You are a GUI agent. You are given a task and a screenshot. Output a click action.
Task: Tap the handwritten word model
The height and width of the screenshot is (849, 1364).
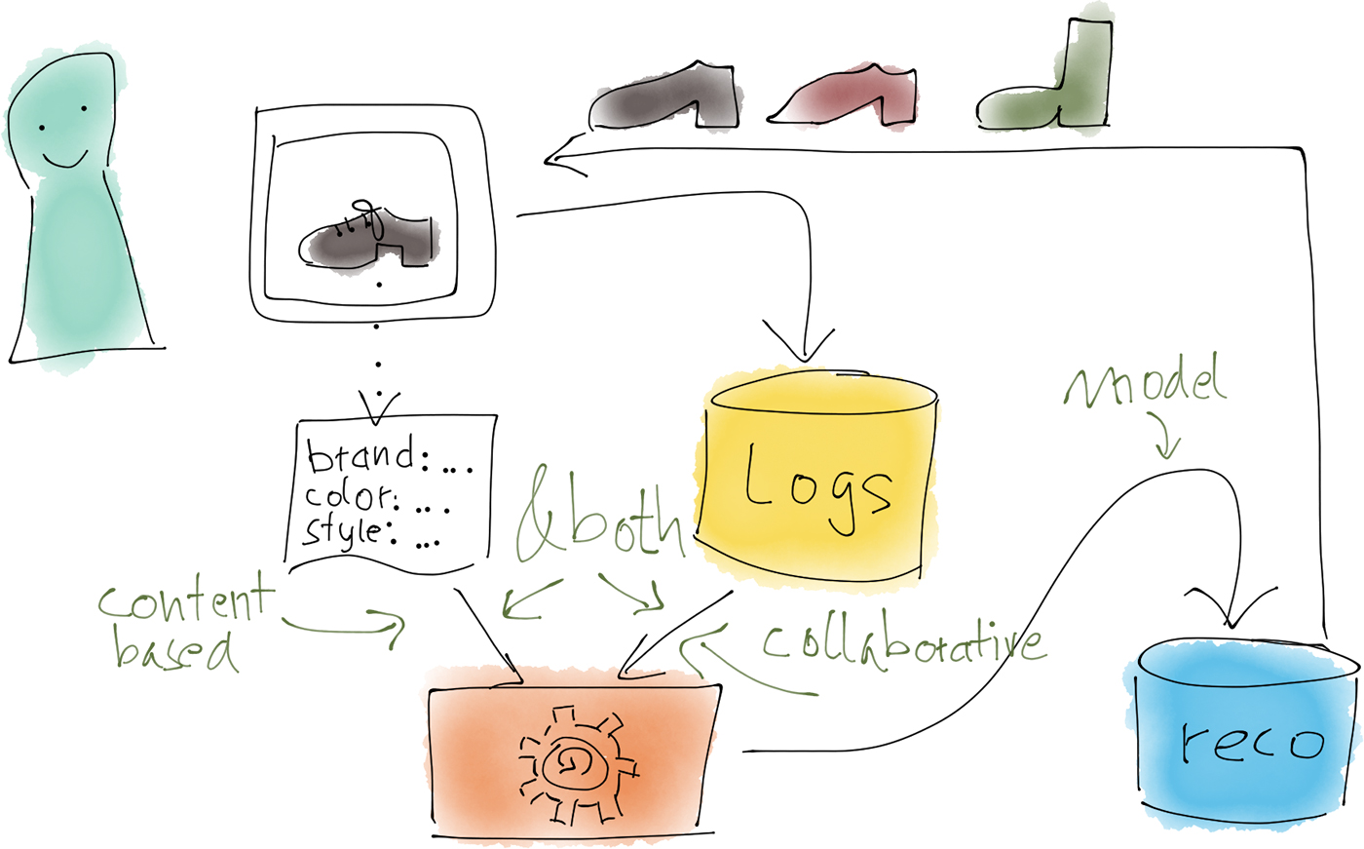pos(1146,383)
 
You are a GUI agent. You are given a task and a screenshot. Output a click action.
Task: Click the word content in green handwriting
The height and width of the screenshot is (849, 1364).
pos(185,603)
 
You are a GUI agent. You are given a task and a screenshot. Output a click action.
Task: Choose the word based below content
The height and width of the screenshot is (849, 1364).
pos(175,651)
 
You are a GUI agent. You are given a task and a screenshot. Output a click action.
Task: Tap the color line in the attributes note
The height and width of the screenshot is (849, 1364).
pos(376,498)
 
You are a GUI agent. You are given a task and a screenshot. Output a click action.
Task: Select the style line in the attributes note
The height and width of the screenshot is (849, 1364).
pos(371,533)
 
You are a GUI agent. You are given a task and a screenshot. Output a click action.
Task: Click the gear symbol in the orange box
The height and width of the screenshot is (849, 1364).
pos(574,760)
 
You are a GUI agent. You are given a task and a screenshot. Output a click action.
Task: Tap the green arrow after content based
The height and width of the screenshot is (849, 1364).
pos(346,624)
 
